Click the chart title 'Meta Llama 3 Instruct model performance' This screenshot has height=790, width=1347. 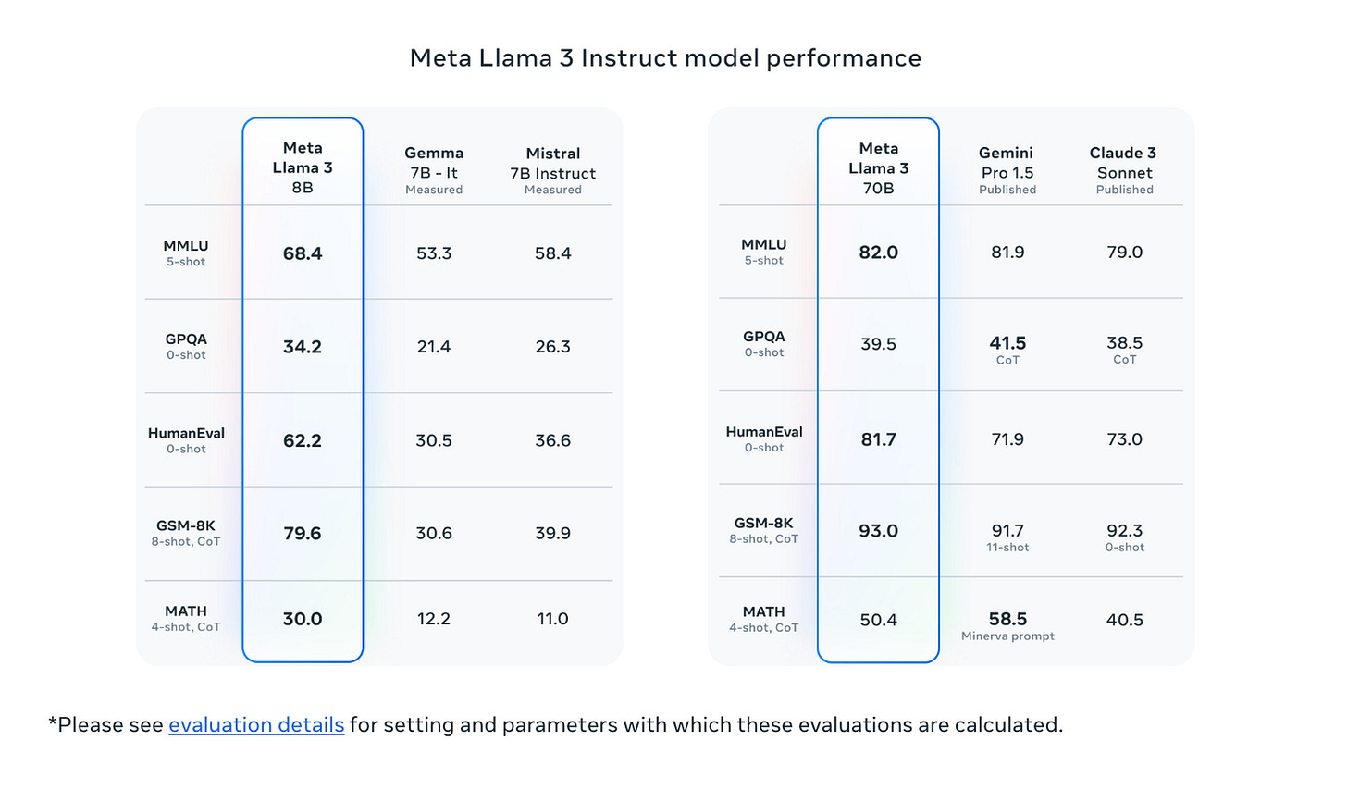(x=665, y=58)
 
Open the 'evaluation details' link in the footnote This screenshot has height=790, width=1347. (x=256, y=724)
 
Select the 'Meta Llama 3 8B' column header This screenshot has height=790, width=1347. (x=303, y=167)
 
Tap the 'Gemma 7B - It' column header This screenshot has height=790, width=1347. (x=434, y=169)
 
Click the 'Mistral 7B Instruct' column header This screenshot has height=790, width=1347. (x=552, y=169)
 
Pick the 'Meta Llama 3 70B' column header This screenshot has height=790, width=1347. (x=878, y=167)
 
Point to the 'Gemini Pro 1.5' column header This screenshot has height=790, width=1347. (x=1007, y=169)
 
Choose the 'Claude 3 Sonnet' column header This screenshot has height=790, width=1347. (x=1124, y=169)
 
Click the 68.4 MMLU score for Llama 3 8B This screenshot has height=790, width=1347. (x=303, y=253)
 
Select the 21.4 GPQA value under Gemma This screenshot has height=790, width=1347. (x=434, y=347)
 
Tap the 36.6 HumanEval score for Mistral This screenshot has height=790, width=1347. (x=552, y=440)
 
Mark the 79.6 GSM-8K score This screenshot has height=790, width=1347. (x=303, y=534)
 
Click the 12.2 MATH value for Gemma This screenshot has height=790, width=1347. (x=434, y=619)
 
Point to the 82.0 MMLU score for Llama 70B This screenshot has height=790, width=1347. (x=878, y=253)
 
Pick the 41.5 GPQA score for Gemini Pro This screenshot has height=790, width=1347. (x=1007, y=343)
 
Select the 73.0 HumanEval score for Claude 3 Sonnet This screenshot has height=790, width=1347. (x=1124, y=439)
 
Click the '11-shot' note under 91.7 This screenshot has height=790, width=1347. (x=1007, y=548)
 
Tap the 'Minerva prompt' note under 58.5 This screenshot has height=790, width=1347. (x=1007, y=636)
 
